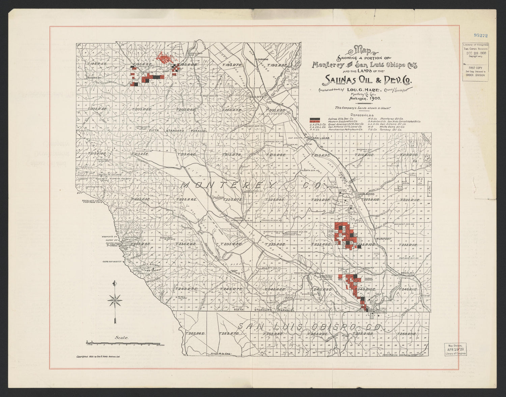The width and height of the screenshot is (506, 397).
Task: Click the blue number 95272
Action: point(481,35)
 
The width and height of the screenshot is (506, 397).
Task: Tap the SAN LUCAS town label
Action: point(320,138)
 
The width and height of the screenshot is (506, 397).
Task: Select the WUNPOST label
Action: point(383,239)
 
